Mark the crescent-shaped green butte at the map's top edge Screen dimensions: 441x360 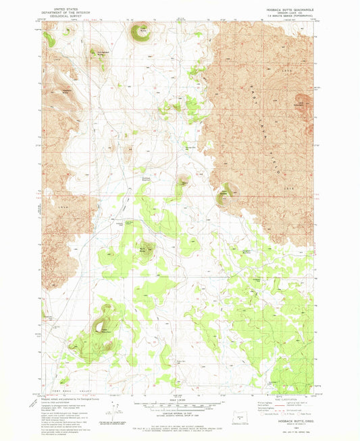click(140, 32)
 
